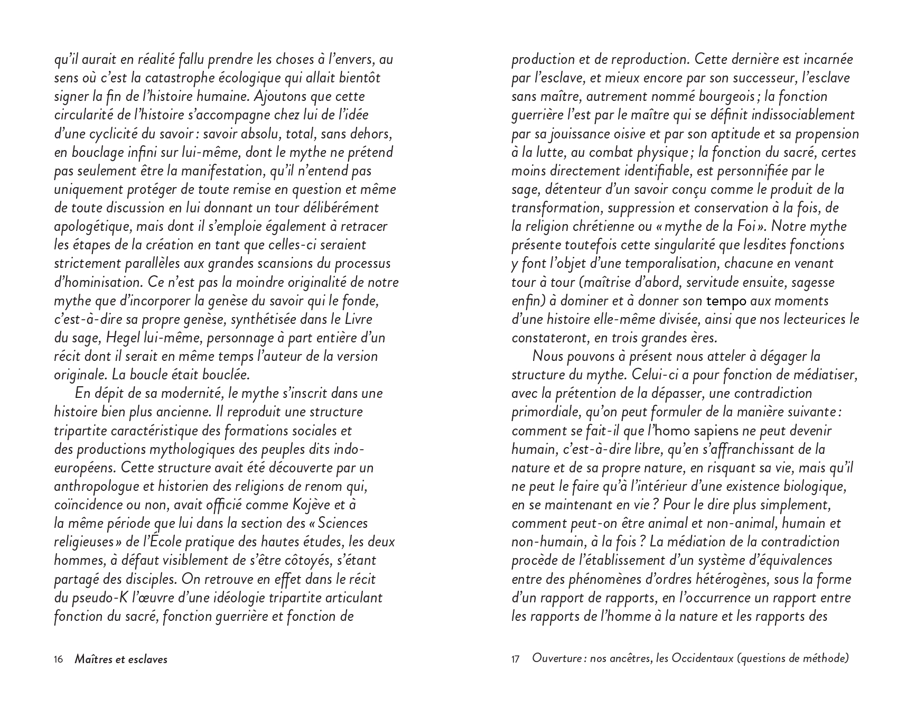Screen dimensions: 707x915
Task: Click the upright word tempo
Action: (727, 301)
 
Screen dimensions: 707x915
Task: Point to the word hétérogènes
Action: (728, 580)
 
